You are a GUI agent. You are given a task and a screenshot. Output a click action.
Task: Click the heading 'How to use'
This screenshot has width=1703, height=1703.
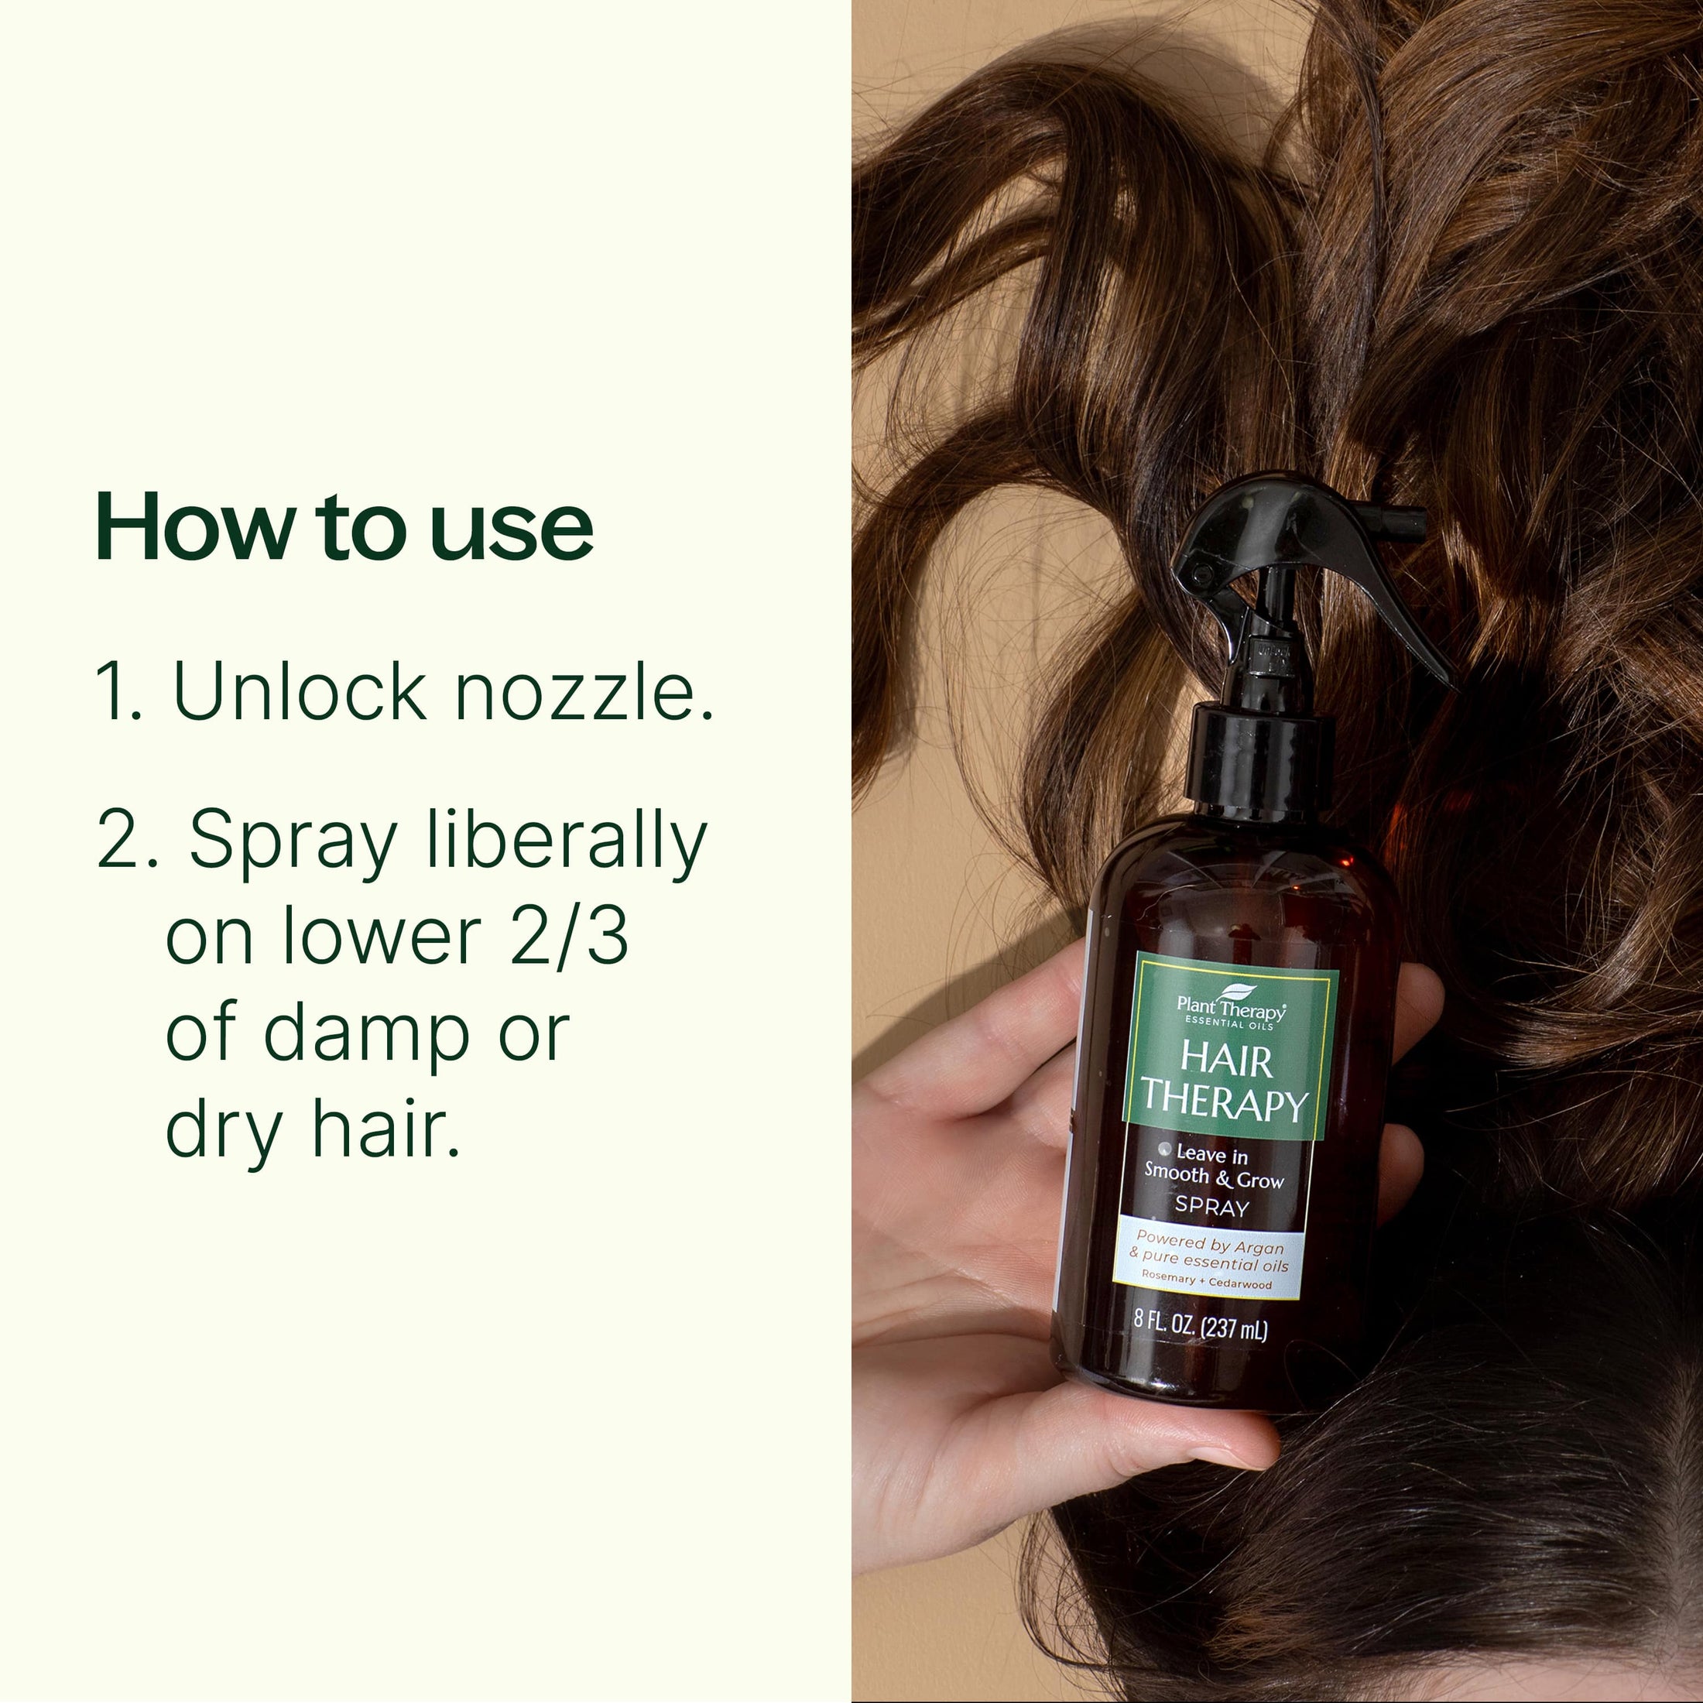click(x=344, y=526)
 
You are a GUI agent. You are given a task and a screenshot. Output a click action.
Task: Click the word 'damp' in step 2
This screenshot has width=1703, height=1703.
click(x=366, y=1034)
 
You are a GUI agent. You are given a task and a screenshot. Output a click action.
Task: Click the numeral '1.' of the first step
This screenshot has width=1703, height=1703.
click(x=118, y=692)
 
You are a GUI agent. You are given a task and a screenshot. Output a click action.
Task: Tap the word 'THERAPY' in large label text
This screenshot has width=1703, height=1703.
click(x=1225, y=1104)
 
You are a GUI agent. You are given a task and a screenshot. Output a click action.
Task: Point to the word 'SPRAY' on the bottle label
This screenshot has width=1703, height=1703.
click(x=1212, y=1207)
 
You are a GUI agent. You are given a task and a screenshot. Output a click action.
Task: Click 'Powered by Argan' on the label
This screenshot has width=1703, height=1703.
click(x=1209, y=1245)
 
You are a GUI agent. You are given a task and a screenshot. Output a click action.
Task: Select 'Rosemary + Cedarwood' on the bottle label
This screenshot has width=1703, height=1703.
click(x=1207, y=1282)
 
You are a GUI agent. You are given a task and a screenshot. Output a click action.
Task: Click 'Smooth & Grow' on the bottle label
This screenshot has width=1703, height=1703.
click(x=1214, y=1177)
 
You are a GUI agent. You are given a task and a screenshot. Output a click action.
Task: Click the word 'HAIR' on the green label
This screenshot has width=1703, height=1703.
click(x=1227, y=1061)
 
